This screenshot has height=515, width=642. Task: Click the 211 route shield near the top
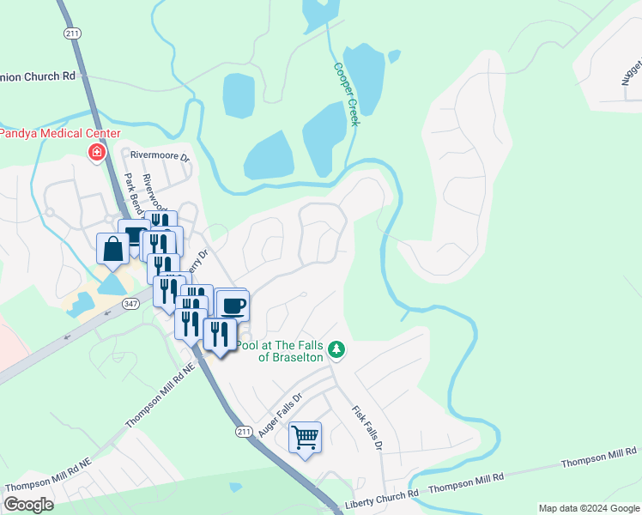point(71,32)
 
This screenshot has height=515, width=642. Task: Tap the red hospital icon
point(97,153)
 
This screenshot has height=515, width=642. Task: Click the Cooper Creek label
point(345,94)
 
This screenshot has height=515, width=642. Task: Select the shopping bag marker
point(112,250)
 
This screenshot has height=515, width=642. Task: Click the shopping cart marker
point(305,438)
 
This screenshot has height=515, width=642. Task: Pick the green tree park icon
point(338,349)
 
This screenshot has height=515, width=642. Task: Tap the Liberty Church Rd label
point(381,494)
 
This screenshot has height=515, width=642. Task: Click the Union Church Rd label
point(38,76)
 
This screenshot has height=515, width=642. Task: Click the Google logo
point(28,504)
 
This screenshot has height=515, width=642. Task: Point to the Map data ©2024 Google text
point(588,508)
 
